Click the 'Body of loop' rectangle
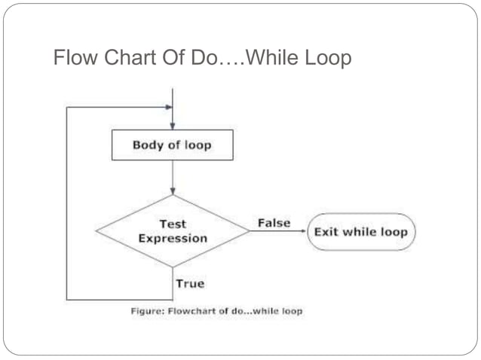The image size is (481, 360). (x=172, y=145)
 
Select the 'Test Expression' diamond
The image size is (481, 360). (x=173, y=231)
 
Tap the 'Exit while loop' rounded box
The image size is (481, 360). (x=360, y=231)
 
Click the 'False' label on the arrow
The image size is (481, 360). (x=274, y=223)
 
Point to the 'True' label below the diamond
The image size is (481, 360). (x=189, y=284)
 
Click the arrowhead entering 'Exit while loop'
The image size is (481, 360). (x=303, y=231)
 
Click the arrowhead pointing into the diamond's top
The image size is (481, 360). (x=173, y=191)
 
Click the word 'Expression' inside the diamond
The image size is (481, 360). (x=173, y=239)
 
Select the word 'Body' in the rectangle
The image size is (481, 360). (x=147, y=145)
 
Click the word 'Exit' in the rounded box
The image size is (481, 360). (x=326, y=231)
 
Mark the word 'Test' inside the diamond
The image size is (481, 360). (x=173, y=224)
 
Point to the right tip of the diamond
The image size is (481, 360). (x=250, y=231)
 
